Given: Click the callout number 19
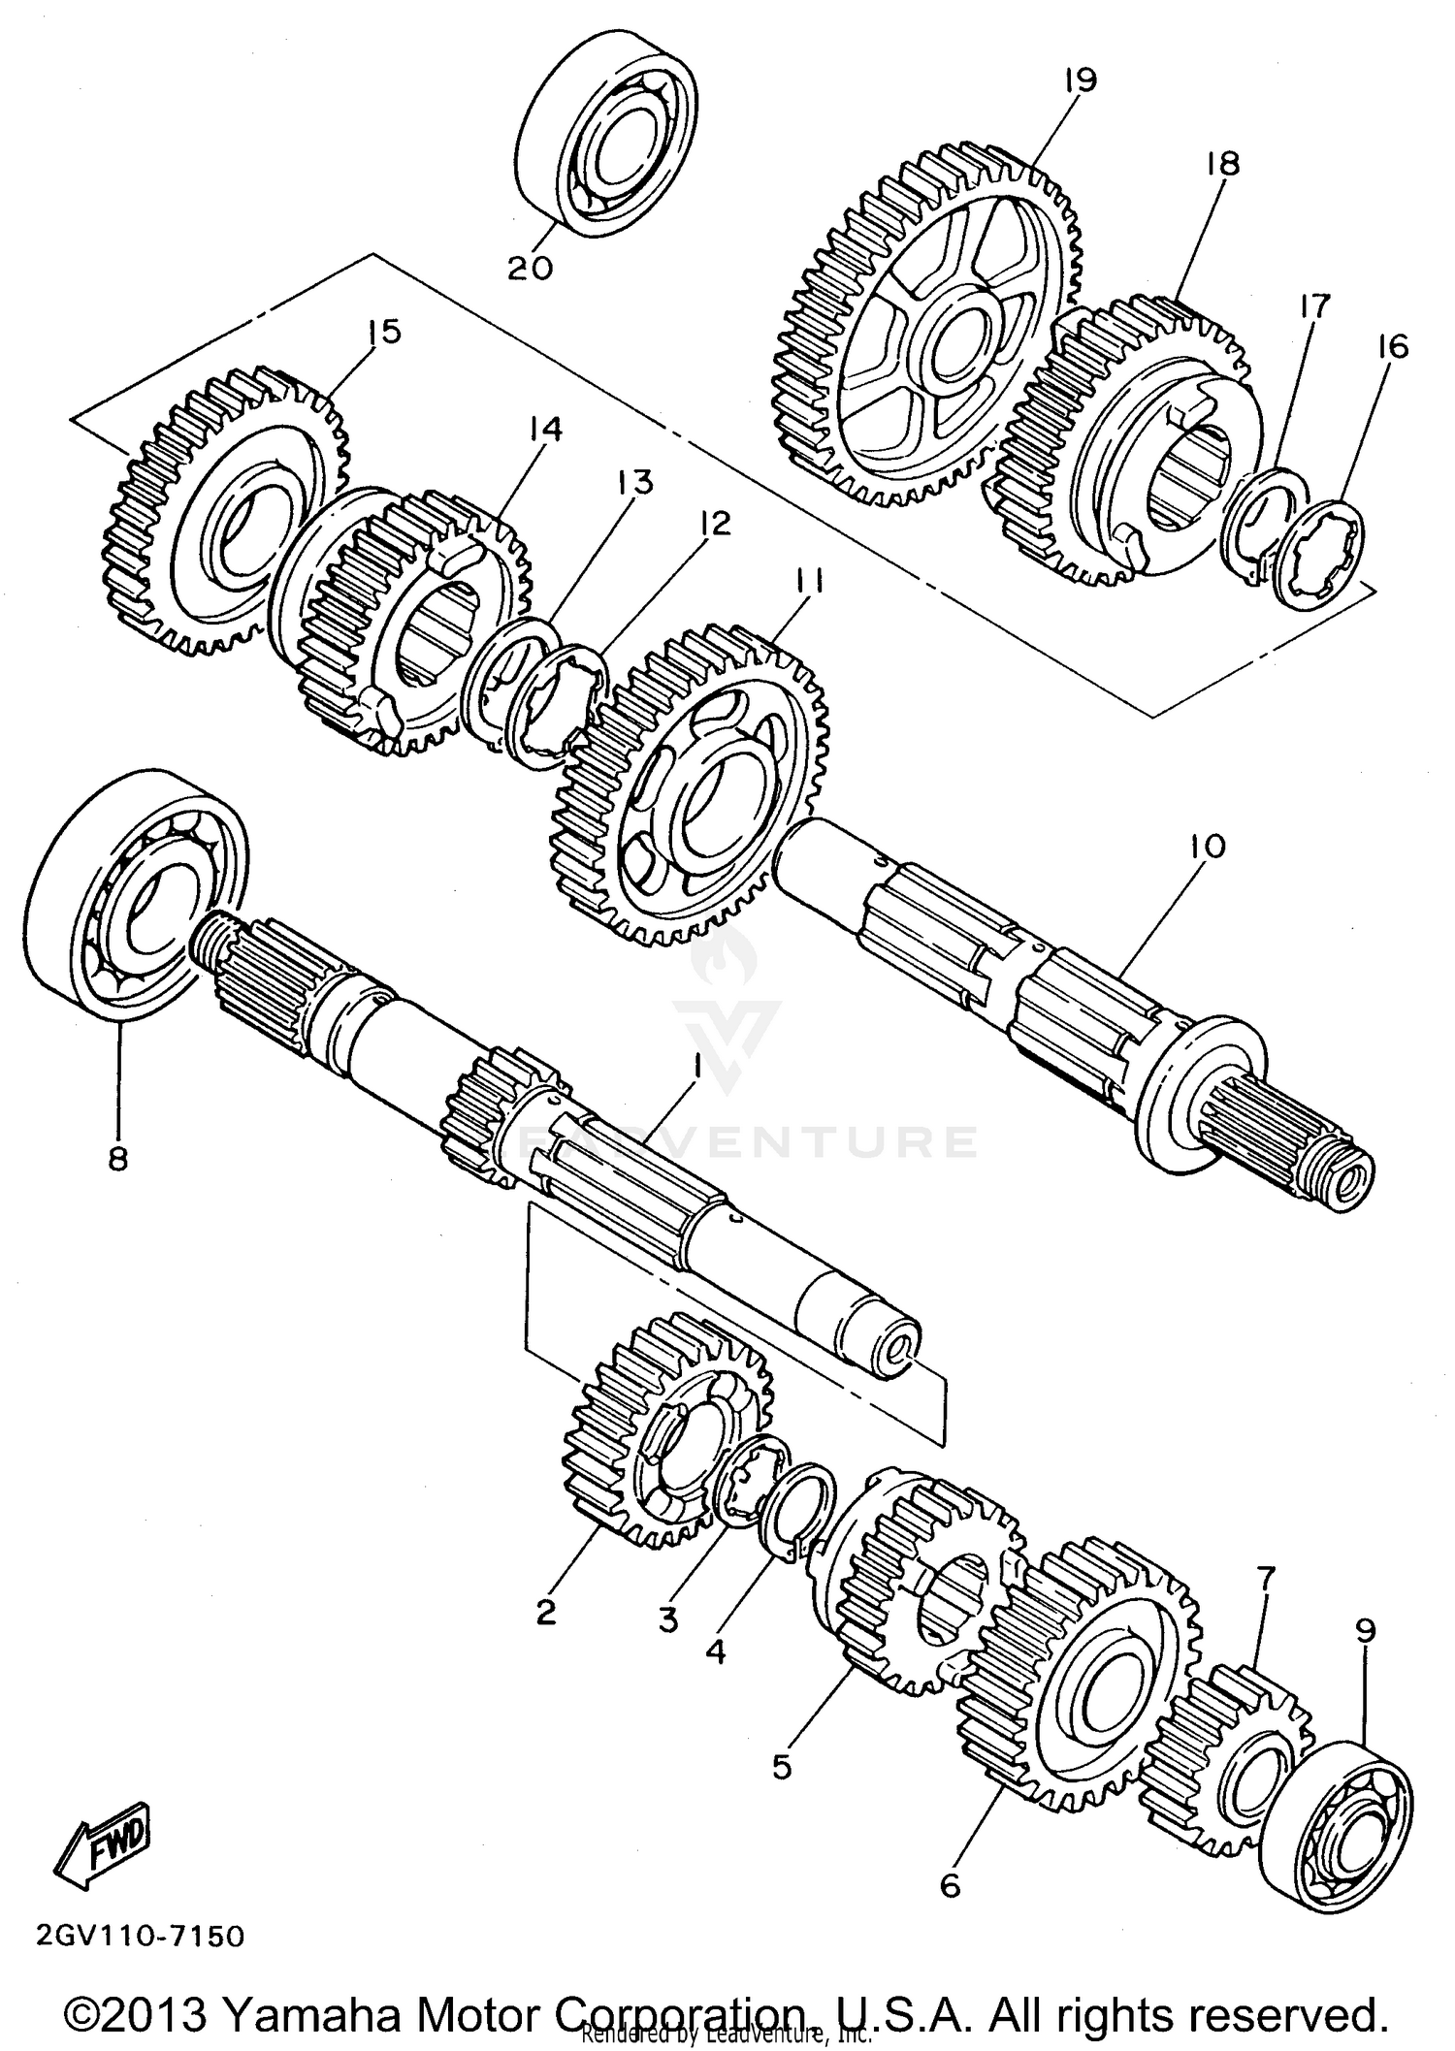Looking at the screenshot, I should pyautogui.click(x=1079, y=80).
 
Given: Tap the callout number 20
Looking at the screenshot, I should pyautogui.click(x=530, y=267).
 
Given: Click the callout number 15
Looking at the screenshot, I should pyautogui.click(x=384, y=333).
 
